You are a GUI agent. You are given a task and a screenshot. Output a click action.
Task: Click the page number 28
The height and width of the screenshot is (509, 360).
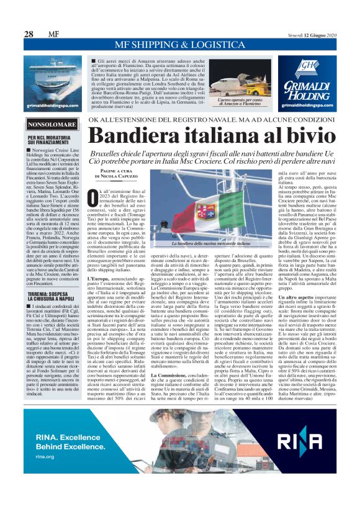[29, 34]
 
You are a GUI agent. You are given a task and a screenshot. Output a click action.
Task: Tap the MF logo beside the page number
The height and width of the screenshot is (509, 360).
[54, 34]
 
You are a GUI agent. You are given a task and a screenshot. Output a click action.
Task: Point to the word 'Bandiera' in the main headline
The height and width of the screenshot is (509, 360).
[142, 136]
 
